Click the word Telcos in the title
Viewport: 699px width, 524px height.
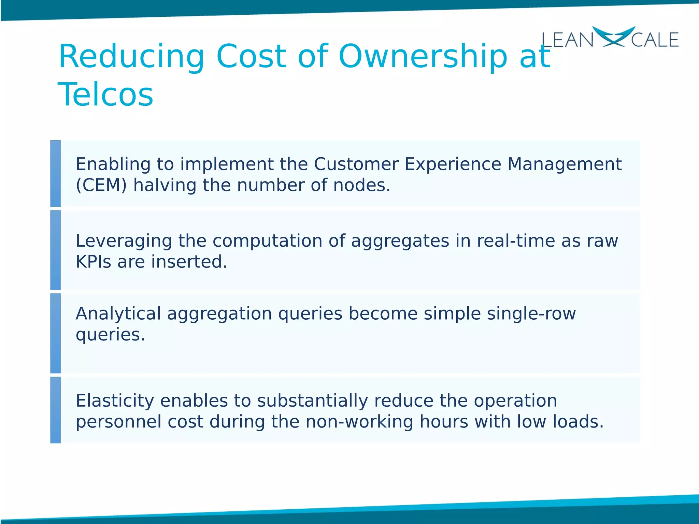click(105, 94)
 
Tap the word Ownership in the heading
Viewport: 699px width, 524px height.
click(423, 56)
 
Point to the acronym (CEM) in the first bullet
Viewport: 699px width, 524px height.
click(101, 185)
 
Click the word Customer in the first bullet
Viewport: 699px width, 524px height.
click(356, 164)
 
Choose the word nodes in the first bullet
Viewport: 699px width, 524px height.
click(361, 185)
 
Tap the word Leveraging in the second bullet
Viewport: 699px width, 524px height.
click(124, 241)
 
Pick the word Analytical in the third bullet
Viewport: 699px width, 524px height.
click(118, 314)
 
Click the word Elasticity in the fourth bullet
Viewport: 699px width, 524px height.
click(115, 401)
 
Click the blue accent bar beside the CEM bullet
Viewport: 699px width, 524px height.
click(55, 173)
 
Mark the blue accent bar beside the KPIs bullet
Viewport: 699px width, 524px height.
click(55, 250)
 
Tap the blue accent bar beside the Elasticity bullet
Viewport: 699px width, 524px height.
click(55, 410)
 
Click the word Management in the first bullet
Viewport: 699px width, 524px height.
click(564, 164)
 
